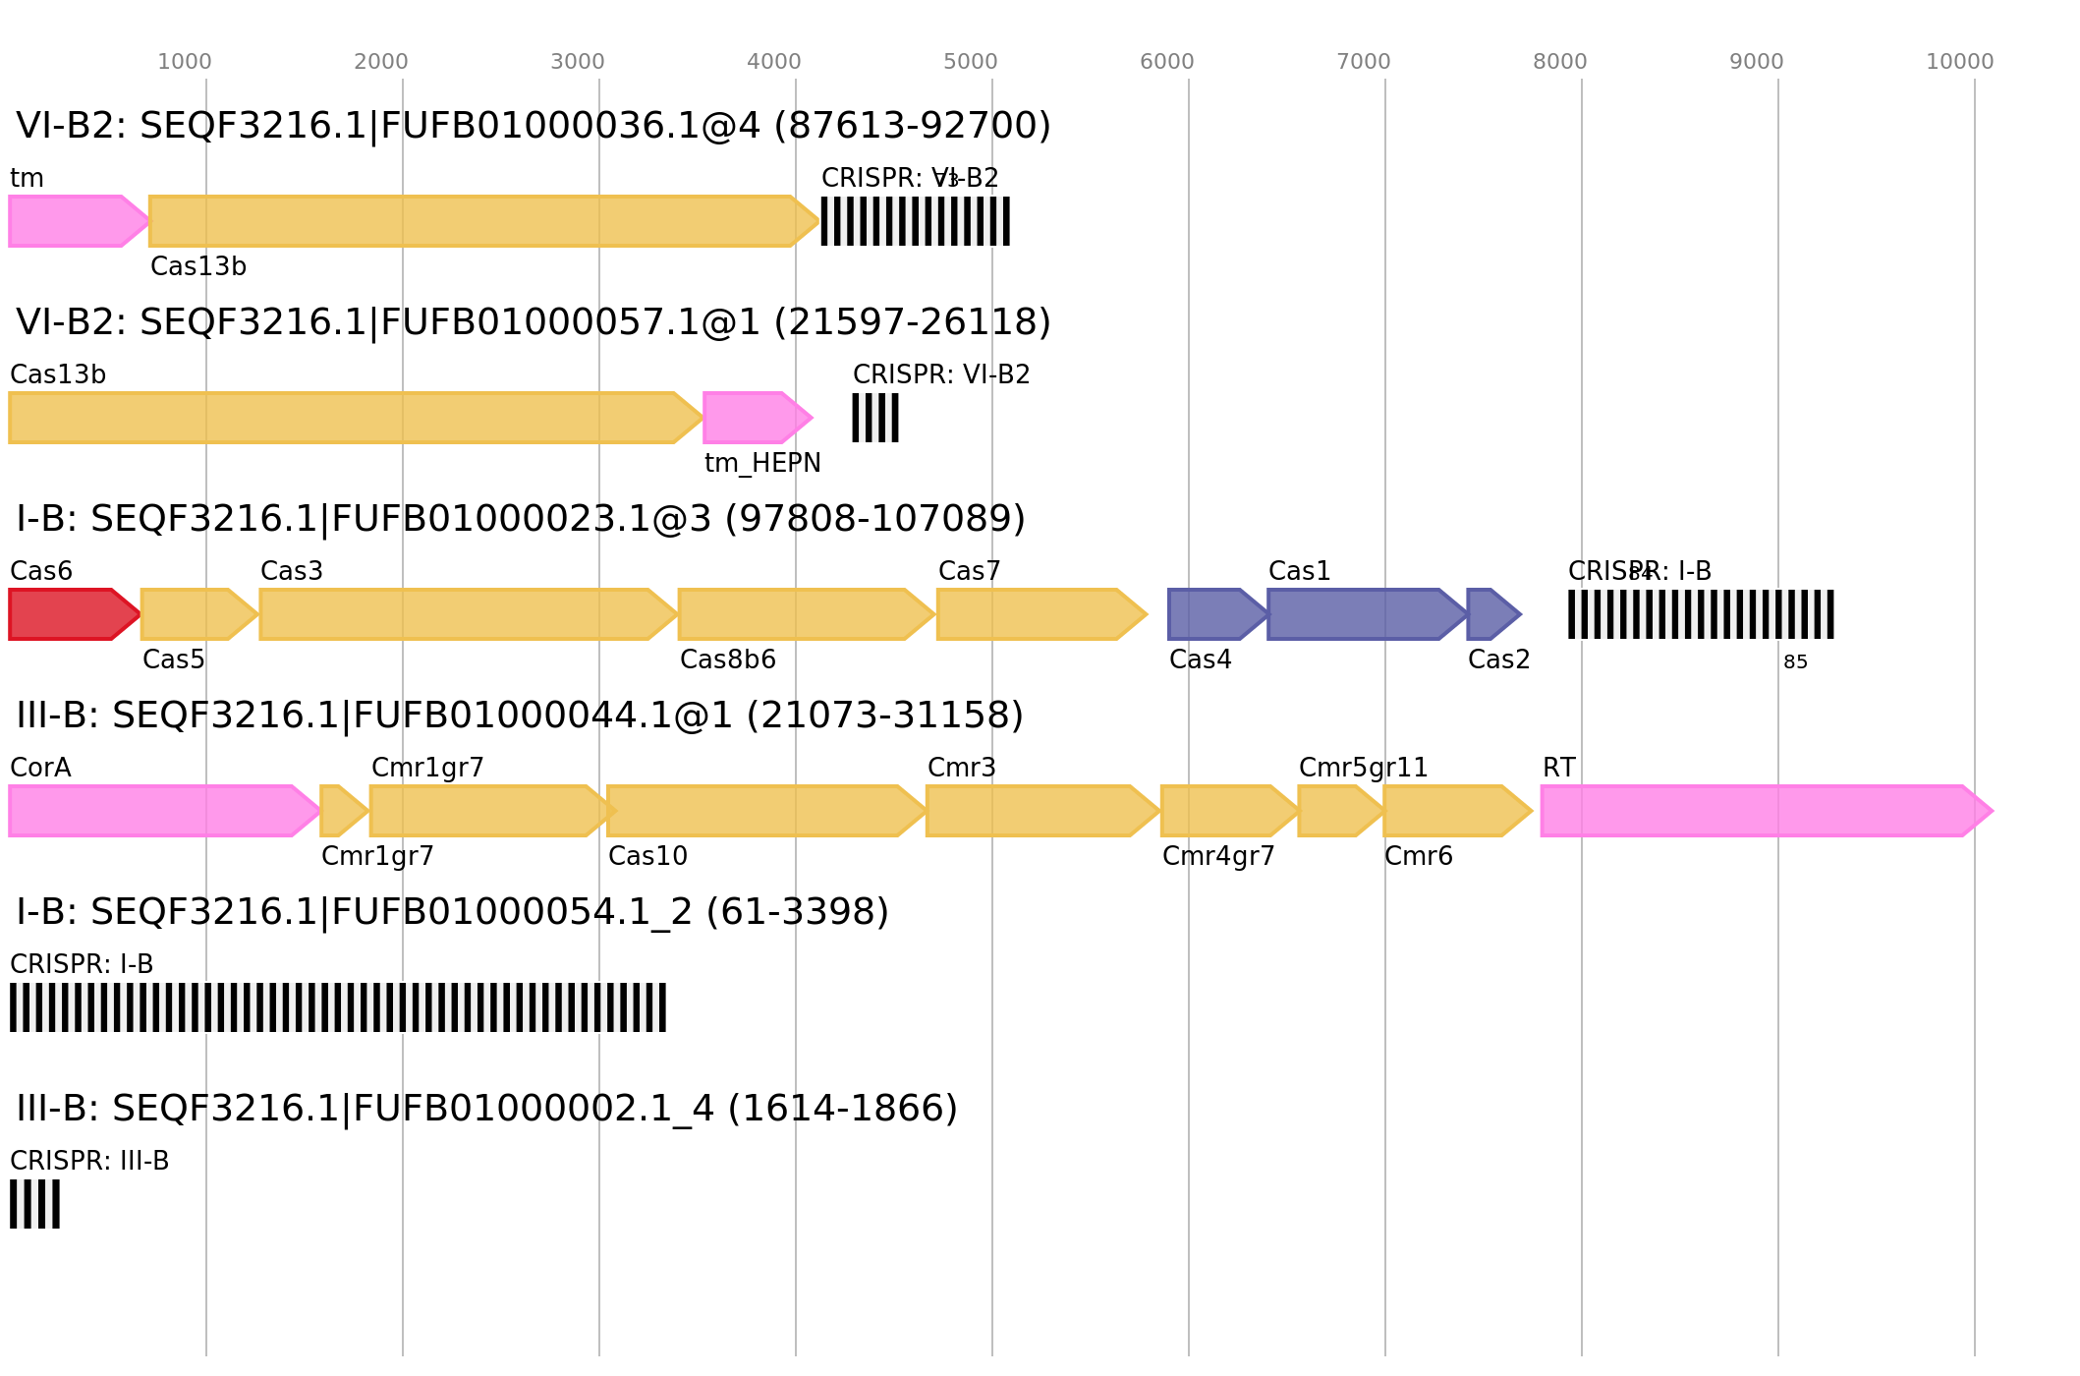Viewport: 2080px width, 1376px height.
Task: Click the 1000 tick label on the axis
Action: [185, 62]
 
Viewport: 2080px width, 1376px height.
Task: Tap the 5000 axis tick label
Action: [970, 62]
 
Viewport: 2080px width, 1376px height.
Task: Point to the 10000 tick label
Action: [1959, 62]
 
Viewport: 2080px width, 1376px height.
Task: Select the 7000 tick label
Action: [1363, 62]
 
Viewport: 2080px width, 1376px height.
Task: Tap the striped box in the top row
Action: [915, 221]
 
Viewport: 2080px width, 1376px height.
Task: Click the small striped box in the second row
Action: [874, 418]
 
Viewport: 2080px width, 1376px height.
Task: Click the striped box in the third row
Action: [1701, 614]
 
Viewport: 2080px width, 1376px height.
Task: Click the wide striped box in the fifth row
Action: [337, 1007]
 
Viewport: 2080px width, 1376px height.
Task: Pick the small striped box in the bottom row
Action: [34, 1204]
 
